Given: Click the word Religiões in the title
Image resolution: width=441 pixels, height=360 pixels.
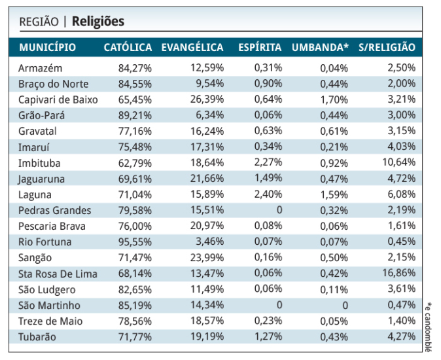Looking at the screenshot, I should (x=98, y=22).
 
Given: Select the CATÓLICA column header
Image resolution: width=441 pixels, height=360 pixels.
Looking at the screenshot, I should (x=128, y=48).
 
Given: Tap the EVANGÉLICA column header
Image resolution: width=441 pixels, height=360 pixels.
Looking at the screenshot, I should (x=192, y=48).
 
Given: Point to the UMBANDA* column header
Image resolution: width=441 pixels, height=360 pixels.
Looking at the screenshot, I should (x=320, y=48).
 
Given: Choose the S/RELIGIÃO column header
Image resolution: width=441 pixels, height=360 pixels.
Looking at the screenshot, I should (x=387, y=48).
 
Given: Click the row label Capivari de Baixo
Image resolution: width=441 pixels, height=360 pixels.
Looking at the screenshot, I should (x=58, y=99).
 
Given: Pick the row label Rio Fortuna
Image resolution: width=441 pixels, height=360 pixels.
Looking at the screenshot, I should (x=44, y=242).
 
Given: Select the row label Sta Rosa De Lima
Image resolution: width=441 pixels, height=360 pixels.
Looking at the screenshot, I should (x=58, y=274).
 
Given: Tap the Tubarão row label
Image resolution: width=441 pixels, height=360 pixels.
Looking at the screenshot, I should (x=38, y=336).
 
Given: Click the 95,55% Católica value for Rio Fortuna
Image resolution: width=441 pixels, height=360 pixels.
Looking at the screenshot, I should (x=135, y=242).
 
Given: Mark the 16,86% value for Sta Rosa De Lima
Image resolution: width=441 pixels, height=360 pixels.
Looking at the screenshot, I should (x=400, y=274).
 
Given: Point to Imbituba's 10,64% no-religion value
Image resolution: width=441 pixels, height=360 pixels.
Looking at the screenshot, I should (x=400, y=163).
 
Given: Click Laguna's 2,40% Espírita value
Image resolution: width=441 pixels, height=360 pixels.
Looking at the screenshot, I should (x=268, y=194).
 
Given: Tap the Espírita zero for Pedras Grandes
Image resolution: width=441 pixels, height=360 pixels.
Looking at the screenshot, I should (x=278, y=210).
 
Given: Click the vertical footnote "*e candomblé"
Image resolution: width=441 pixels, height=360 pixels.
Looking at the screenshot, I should (x=429, y=327).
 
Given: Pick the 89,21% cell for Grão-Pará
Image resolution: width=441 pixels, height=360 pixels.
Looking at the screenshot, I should (x=135, y=115).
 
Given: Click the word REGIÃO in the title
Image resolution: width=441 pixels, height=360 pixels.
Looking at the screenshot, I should (x=39, y=22).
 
